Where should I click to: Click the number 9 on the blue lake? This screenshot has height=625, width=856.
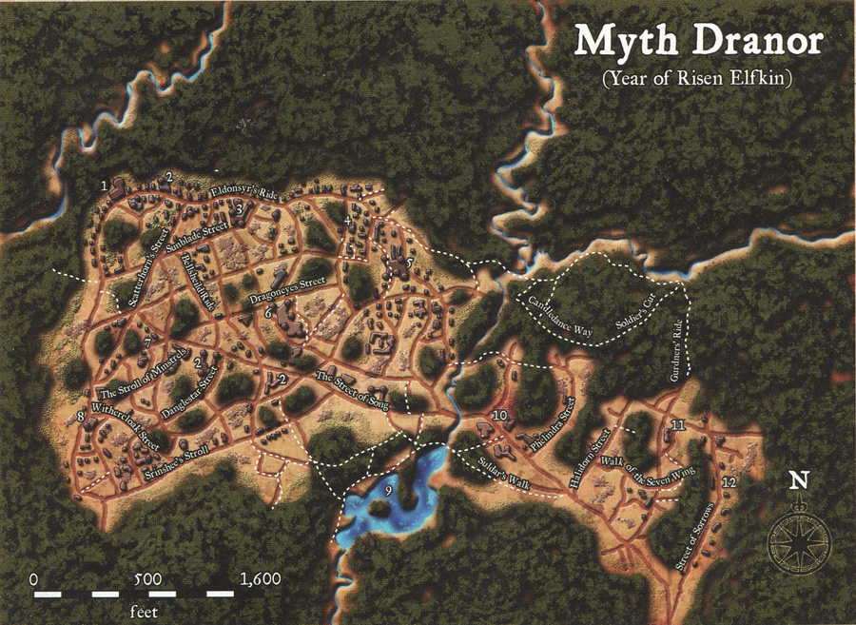pos(388,490)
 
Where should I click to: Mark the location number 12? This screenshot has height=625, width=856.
pos(728,484)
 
